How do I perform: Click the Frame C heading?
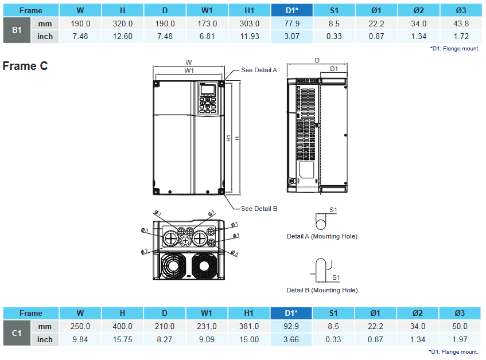pos(25,66)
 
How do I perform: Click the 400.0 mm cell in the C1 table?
pos(122,326)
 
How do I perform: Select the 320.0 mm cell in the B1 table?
pos(122,24)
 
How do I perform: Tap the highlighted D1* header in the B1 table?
pos(291,10)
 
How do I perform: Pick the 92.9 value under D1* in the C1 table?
pos(291,326)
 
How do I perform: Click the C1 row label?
pos(17,333)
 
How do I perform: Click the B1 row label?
pos(17,30)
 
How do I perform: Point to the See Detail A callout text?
pos(259,70)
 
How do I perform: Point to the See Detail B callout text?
pos(259,209)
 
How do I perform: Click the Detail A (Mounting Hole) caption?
pos(321,236)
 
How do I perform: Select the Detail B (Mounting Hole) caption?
pos(321,290)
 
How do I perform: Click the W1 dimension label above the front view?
pos(189,70)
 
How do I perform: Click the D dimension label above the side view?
pos(317,60)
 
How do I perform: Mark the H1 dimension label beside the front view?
pos(228,138)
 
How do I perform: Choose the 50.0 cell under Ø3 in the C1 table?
pos(460,326)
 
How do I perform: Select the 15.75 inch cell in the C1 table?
pos(122,339)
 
